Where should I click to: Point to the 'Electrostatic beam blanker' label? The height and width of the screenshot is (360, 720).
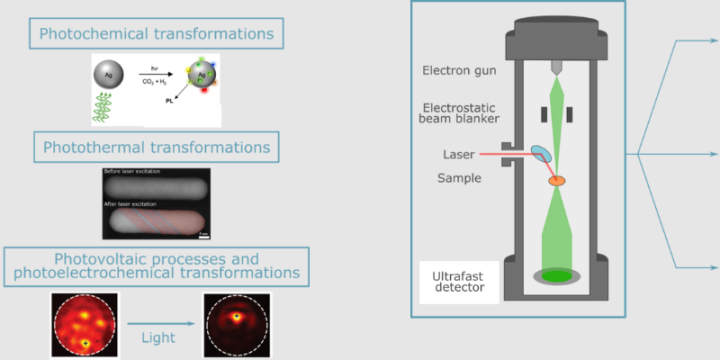[x=459, y=113]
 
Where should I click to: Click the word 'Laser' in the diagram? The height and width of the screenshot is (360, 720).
[x=458, y=154]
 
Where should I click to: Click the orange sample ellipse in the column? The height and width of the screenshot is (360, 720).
[x=556, y=180]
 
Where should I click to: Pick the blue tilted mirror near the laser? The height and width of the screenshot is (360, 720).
[x=541, y=153]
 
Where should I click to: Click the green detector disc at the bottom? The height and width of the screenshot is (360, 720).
[x=557, y=274]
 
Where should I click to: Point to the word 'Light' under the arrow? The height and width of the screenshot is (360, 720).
[x=160, y=337]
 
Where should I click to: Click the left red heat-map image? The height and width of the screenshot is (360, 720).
[x=85, y=325]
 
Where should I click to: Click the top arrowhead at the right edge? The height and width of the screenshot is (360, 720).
[x=713, y=42]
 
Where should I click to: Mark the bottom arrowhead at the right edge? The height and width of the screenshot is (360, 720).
[x=713, y=268]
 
